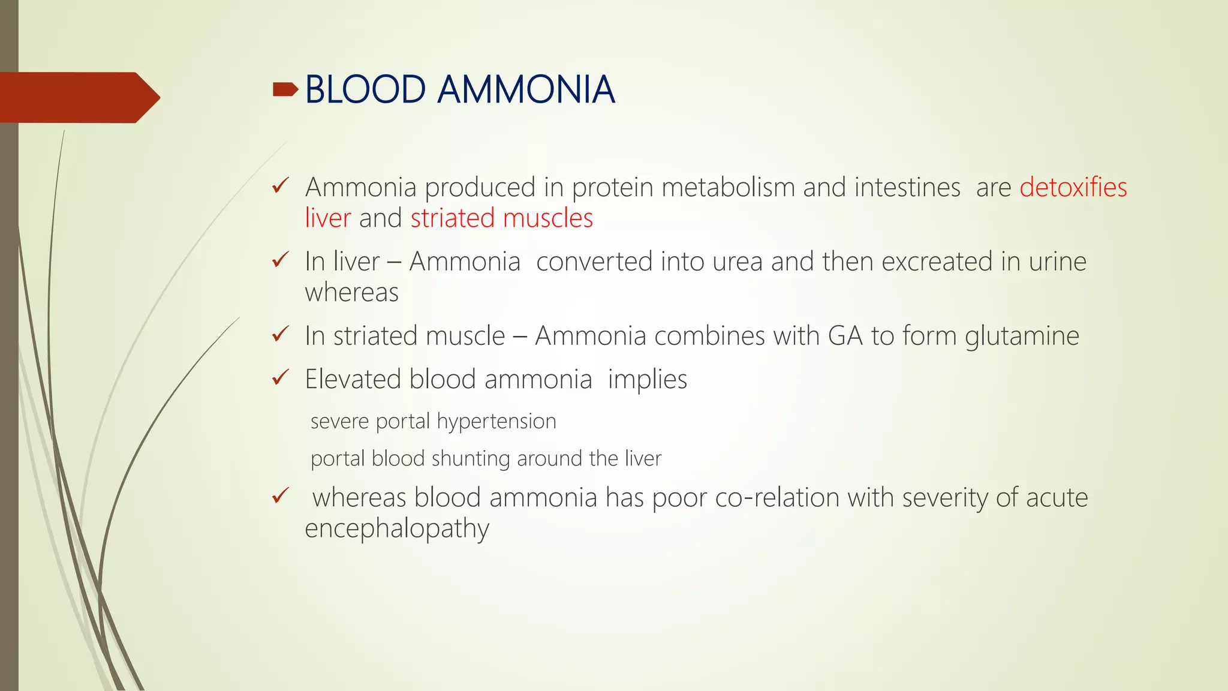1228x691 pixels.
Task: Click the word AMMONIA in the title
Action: click(526, 90)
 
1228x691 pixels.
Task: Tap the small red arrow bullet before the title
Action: click(285, 90)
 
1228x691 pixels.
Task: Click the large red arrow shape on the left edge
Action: click(78, 98)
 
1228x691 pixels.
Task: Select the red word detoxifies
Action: click(1073, 187)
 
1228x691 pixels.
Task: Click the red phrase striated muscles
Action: click(501, 218)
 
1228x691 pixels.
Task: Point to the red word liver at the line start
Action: click(327, 218)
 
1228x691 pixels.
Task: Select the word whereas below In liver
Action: click(351, 293)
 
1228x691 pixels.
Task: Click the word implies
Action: click(647, 380)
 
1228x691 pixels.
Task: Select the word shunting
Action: click(471, 459)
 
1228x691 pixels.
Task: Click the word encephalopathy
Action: click(397, 529)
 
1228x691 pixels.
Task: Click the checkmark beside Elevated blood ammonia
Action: click(280, 378)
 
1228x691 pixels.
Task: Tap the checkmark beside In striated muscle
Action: click(280, 334)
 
